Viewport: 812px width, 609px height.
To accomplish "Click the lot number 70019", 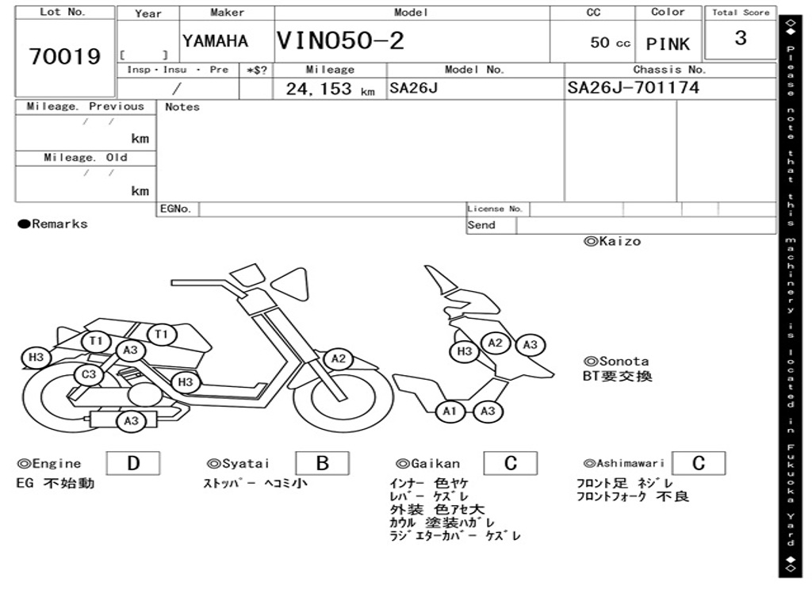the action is (x=65, y=56).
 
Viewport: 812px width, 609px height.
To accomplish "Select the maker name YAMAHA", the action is (x=215, y=41).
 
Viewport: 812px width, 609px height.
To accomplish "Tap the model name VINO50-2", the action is (x=340, y=40).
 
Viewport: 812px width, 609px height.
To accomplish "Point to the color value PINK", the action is (x=668, y=44).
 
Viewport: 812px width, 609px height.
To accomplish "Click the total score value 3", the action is (x=741, y=38).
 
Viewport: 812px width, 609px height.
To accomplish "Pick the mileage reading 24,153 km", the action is (x=330, y=89).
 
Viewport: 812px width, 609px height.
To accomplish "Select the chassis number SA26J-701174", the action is (x=633, y=87).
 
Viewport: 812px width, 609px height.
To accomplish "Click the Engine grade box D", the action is (x=133, y=463).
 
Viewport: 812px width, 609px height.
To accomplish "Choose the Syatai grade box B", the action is (x=322, y=463).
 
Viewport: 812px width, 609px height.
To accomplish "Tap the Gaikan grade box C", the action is (x=511, y=463).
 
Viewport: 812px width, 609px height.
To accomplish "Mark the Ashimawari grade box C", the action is (x=699, y=463).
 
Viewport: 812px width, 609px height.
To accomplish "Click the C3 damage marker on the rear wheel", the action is (x=89, y=374).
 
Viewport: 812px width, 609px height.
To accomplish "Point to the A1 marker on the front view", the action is (x=450, y=412).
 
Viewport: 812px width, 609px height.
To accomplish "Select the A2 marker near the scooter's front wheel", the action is (x=338, y=358).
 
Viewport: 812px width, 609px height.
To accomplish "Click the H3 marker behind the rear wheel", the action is (x=36, y=358).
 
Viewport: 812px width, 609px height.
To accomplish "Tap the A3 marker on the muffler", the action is (x=132, y=421).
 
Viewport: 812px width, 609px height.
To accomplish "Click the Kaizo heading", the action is (x=612, y=241).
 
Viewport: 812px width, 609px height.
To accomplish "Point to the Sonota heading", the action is (x=616, y=361).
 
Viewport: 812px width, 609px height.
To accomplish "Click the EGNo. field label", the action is (x=175, y=209).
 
